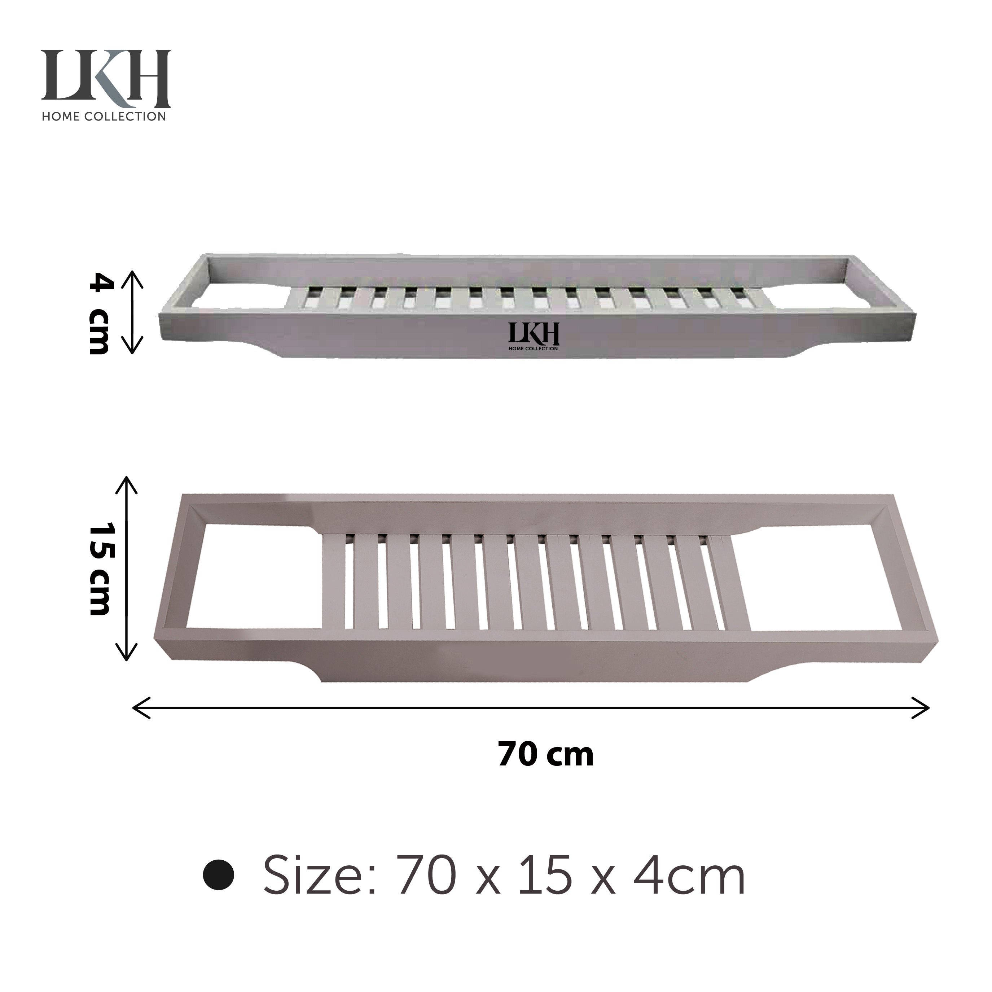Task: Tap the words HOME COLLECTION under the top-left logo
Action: coord(104,117)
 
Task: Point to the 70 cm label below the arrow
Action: coord(545,754)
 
